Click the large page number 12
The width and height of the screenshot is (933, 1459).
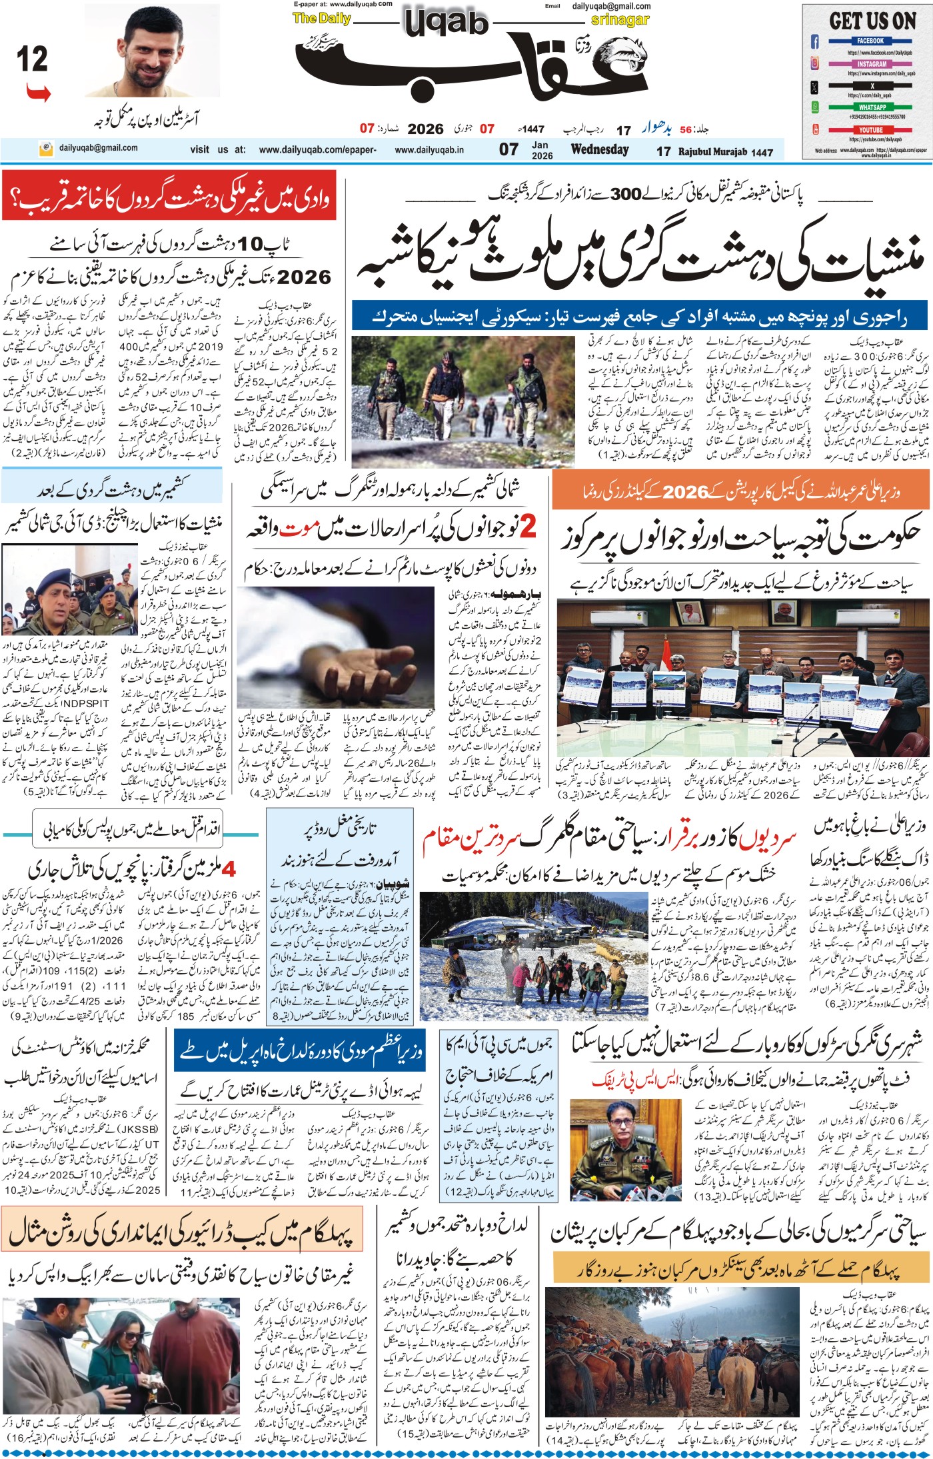coord(32,60)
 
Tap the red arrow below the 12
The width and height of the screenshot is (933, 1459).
coord(39,93)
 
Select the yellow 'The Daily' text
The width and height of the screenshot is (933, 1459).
coord(322,18)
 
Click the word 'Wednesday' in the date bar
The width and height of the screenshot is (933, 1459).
coord(599,149)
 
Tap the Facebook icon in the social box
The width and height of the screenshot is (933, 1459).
coord(814,42)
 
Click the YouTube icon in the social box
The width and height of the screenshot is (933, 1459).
coord(814,129)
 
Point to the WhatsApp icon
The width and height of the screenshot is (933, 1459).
coord(814,107)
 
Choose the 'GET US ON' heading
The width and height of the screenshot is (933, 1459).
coord(872,21)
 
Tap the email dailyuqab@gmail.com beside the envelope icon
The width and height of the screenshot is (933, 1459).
coord(98,148)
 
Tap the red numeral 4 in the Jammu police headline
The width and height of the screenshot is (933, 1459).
coord(229,869)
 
